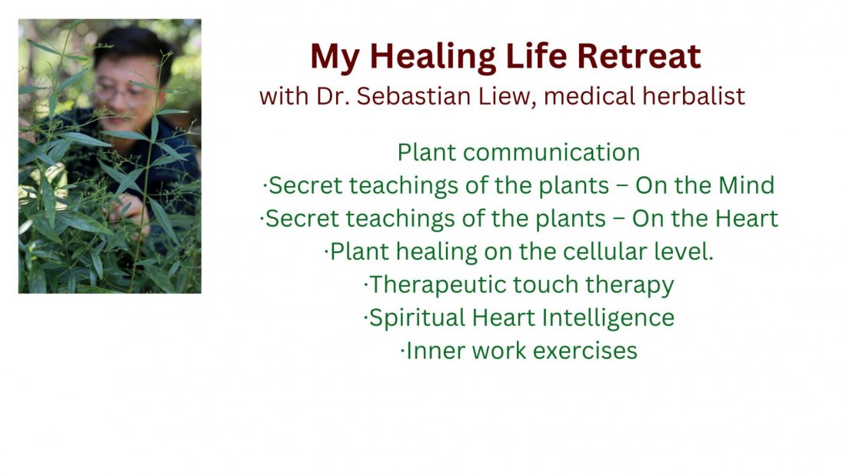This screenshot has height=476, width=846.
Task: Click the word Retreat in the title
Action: (639, 56)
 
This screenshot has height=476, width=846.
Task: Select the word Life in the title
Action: (536, 56)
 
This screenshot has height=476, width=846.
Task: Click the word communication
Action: (551, 152)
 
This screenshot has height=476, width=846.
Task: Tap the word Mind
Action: (746, 185)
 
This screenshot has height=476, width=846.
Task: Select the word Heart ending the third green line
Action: (746, 218)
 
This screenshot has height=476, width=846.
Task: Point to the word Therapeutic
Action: (437, 285)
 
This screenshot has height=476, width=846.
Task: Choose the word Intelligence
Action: (608, 318)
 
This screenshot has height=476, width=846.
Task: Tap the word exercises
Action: (585, 351)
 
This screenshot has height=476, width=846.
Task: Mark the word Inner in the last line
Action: (436, 351)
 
